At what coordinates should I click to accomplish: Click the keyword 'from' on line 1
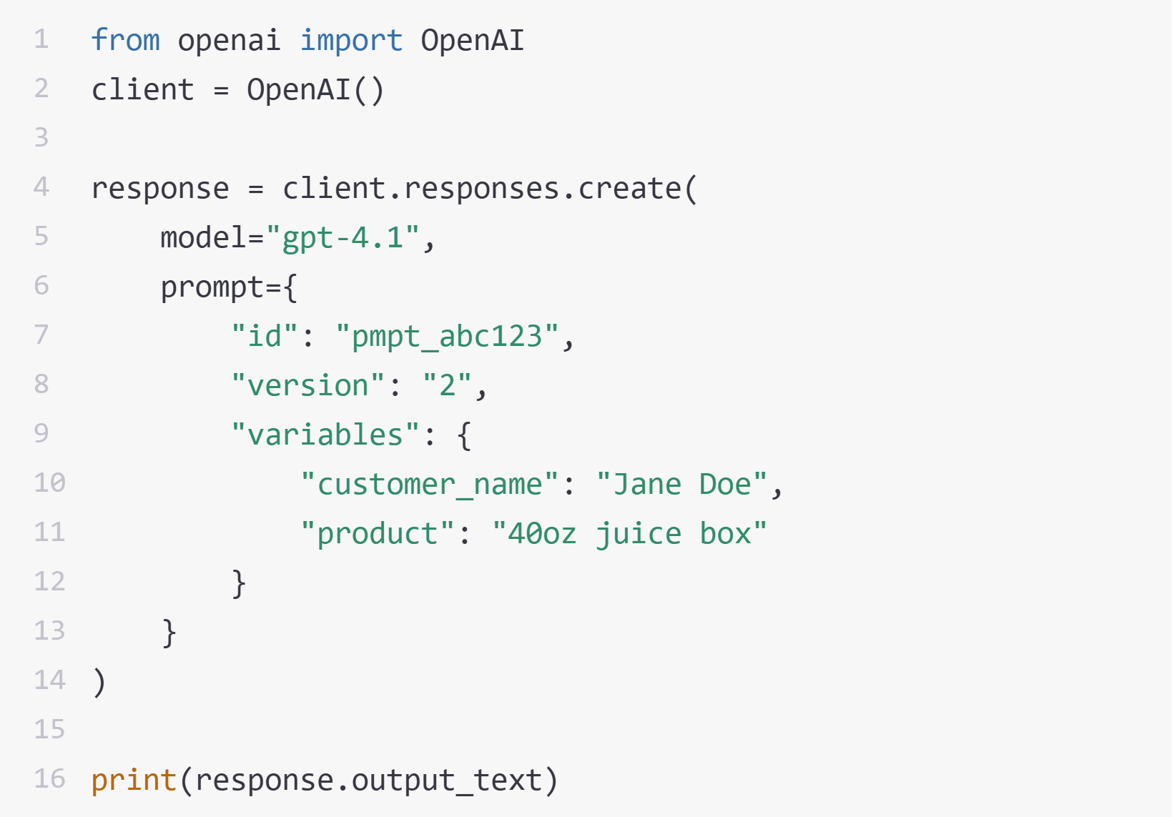point(126,40)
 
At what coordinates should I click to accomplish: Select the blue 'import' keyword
point(351,41)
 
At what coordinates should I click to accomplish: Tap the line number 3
point(41,137)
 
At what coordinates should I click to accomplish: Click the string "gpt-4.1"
point(343,237)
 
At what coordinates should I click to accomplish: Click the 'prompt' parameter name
point(212,287)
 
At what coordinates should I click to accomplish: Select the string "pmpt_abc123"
point(448,336)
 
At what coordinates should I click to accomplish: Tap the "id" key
point(265,335)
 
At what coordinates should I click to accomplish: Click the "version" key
point(307,385)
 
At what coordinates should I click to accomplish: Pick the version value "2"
point(448,385)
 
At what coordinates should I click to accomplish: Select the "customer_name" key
point(430,484)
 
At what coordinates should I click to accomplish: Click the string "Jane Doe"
point(681,484)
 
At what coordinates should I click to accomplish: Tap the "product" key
point(378,533)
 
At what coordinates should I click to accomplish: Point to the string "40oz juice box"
point(629,533)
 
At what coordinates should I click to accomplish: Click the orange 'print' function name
point(134,781)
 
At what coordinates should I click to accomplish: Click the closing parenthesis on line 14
point(99,682)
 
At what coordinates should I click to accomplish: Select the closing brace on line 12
point(239,583)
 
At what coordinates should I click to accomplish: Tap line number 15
point(50,729)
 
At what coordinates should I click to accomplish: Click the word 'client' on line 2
point(142,89)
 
